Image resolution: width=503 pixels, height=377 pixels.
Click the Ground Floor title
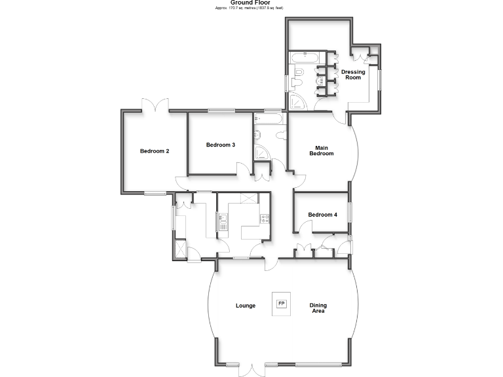pos(250,3)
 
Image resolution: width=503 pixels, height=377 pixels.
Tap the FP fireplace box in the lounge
pos(282,304)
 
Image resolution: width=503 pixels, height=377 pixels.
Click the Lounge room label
pos(246,306)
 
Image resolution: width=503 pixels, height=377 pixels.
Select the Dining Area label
pos(318,308)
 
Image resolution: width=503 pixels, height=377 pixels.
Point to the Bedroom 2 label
pos(155,151)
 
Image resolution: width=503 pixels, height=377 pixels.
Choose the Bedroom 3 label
pos(220,145)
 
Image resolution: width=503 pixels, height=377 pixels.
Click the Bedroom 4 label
pos(322,215)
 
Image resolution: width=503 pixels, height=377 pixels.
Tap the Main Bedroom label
pos(321,151)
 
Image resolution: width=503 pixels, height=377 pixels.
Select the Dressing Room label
pos(353,75)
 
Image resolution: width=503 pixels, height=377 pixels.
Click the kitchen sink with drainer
pos(223,223)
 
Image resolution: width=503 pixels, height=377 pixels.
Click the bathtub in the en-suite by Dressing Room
pos(304,58)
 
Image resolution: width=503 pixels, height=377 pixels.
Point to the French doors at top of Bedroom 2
pos(155,105)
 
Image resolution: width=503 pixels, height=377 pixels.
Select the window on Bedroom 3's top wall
pos(221,111)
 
